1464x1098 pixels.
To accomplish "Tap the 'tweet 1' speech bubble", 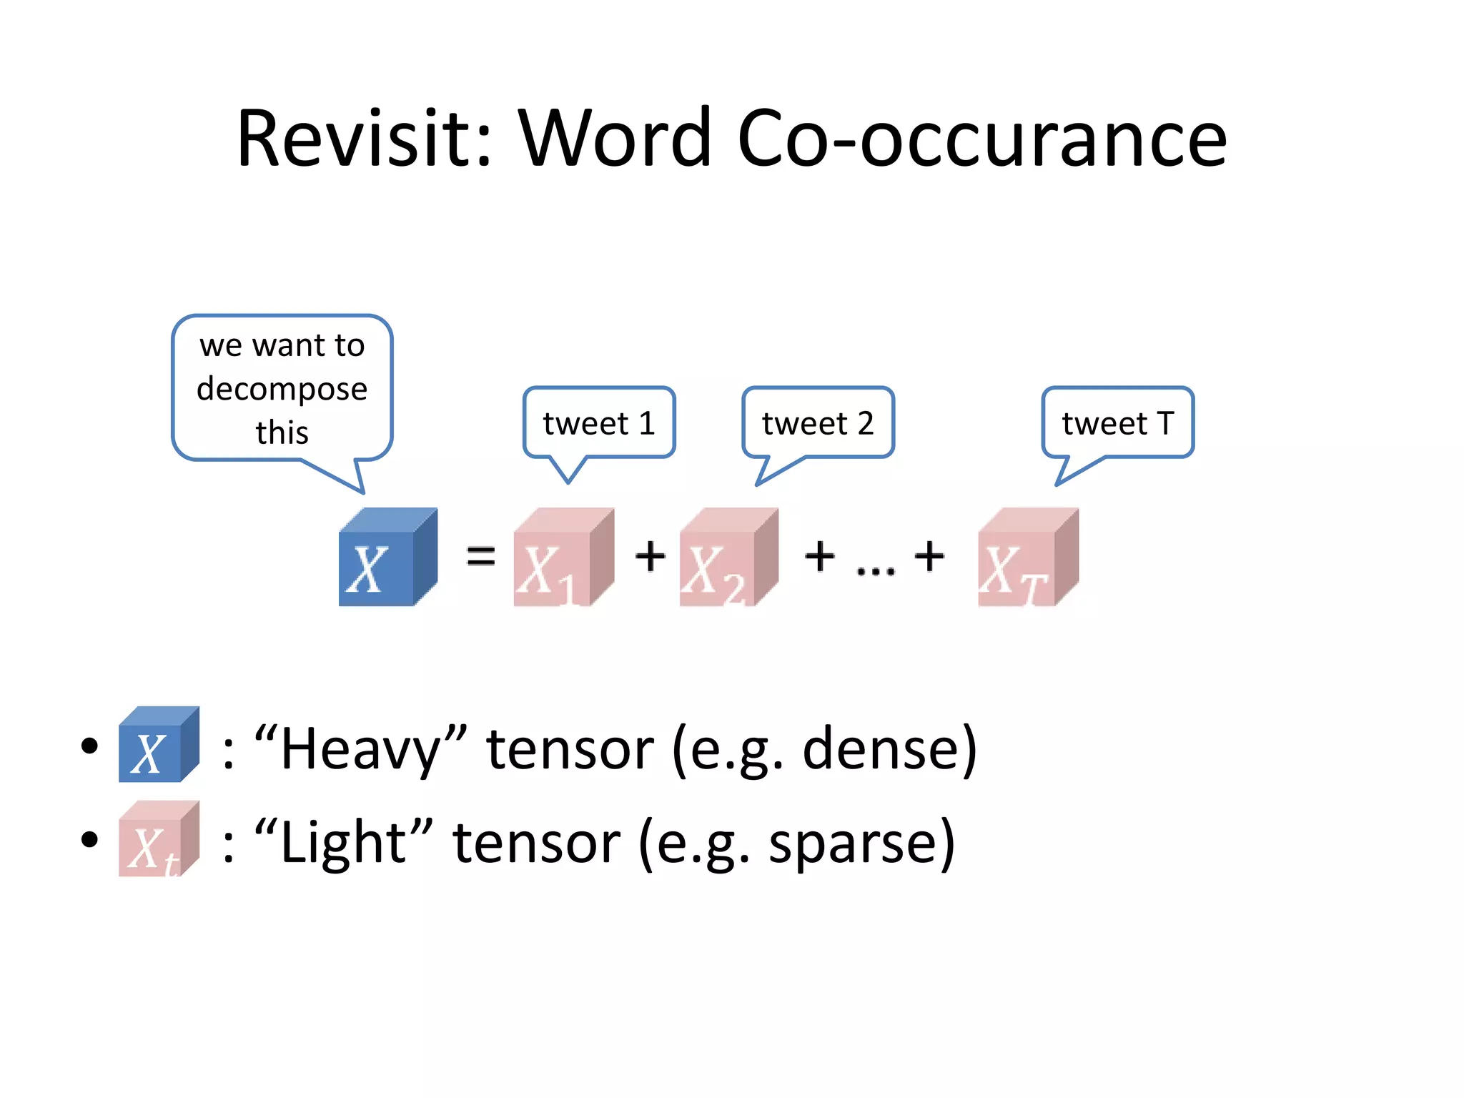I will (x=599, y=423).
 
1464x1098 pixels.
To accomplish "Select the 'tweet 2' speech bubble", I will (x=818, y=423).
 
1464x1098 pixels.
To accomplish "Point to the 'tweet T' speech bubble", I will (x=1118, y=423).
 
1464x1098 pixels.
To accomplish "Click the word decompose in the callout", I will (x=282, y=389).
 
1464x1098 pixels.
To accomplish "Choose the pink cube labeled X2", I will (x=728, y=558).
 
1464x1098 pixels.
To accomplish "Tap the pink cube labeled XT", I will (x=1028, y=558).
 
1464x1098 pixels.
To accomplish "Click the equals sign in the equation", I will (x=480, y=555).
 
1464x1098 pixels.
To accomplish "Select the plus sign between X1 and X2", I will (x=651, y=555).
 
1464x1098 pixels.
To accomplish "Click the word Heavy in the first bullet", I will (x=360, y=748).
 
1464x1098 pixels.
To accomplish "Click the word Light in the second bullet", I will (x=343, y=843).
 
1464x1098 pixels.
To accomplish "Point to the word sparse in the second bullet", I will (x=852, y=843).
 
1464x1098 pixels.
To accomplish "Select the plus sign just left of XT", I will (x=929, y=555).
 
